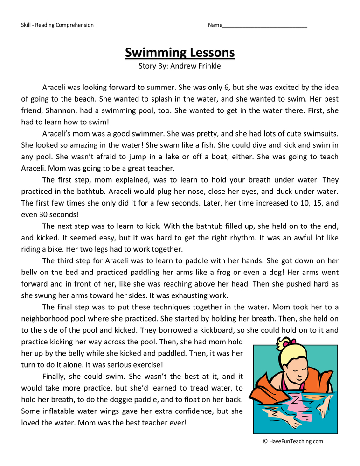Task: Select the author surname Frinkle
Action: click(x=208, y=66)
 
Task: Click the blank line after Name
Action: click(x=264, y=25)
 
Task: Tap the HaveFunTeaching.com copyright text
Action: click(x=292, y=441)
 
